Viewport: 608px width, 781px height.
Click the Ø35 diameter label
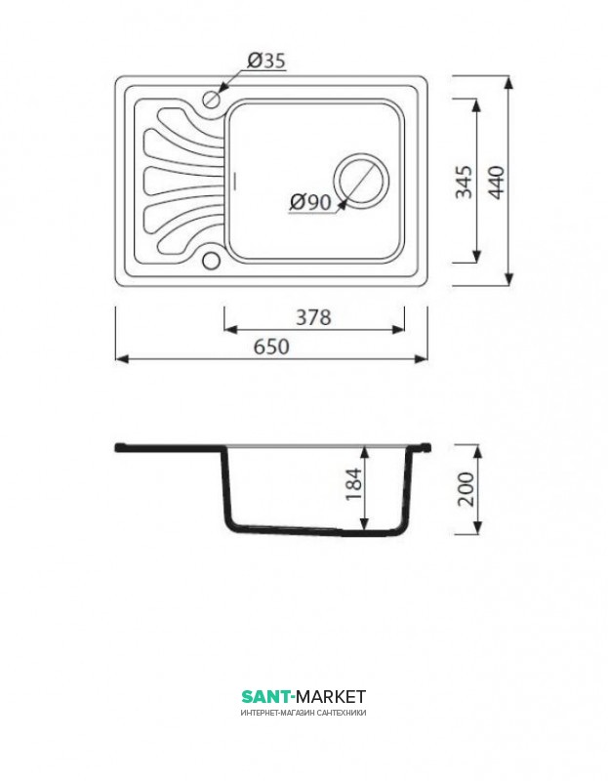click(266, 61)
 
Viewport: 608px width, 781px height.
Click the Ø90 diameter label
click(310, 202)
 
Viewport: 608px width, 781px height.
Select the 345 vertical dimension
click(464, 182)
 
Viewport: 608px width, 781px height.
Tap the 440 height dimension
click(496, 182)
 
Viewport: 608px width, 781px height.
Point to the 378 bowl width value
click(313, 316)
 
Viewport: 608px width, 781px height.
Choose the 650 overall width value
click(271, 347)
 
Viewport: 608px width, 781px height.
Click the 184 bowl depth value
click(353, 483)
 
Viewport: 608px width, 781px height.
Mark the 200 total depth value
click(466, 489)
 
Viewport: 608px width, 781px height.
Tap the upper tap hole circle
click(212, 99)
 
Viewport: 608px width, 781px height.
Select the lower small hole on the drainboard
click(211, 260)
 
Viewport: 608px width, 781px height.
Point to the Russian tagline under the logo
click(304, 713)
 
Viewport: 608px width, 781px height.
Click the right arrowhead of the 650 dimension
click(422, 358)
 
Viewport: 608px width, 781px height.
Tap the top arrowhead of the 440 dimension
click(508, 83)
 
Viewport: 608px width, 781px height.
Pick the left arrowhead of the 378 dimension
click(231, 329)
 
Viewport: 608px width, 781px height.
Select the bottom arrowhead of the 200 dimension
click(477, 528)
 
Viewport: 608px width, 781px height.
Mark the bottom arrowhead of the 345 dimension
click(476, 256)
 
